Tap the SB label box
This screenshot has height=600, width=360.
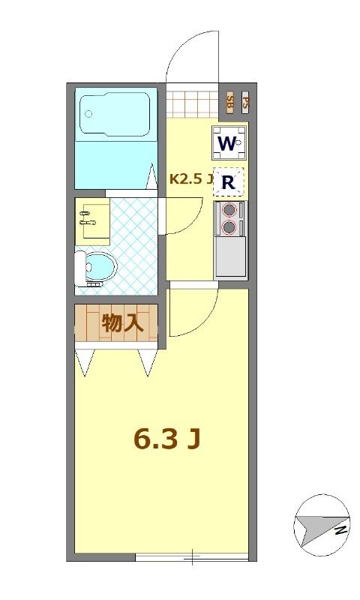[x=230, y=102]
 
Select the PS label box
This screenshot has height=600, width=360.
[x=245, y=102]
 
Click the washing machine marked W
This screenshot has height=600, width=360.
[x=229, y=142]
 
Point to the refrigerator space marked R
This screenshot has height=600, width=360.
[x=229, y=181]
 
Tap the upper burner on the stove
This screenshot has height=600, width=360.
[x=229, y=211]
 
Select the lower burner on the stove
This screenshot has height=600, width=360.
[x=229, y=226]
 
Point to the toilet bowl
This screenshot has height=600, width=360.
[x=98, y=265]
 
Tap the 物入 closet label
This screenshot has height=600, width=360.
[x=122, y=323]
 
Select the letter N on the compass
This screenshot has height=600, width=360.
[x=340, y=530]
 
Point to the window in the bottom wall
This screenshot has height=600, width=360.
[x=192, y=556]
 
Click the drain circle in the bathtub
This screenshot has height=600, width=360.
[x=88, y=114]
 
